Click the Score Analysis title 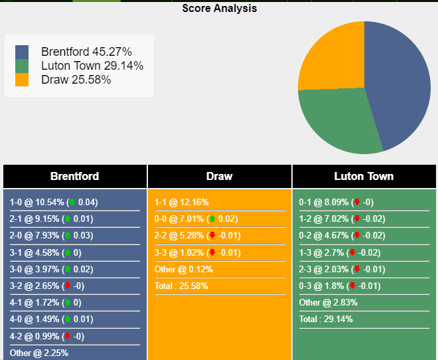tap(219, 9)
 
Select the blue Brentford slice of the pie tap(398, 80)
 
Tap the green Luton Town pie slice tap(335, 120)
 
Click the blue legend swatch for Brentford tap(22, 52)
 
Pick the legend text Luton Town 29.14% tap(92, 66)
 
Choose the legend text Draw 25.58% tap(76, 80)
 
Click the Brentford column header tap(75, 176)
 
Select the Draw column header tap(220, 176)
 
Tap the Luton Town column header tap(364, 176)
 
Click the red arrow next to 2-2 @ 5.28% tap(212, 236)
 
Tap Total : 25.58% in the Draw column tap(181, 286)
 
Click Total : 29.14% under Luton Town tap(326, 319)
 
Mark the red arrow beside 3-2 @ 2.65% tap(67, 286)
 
